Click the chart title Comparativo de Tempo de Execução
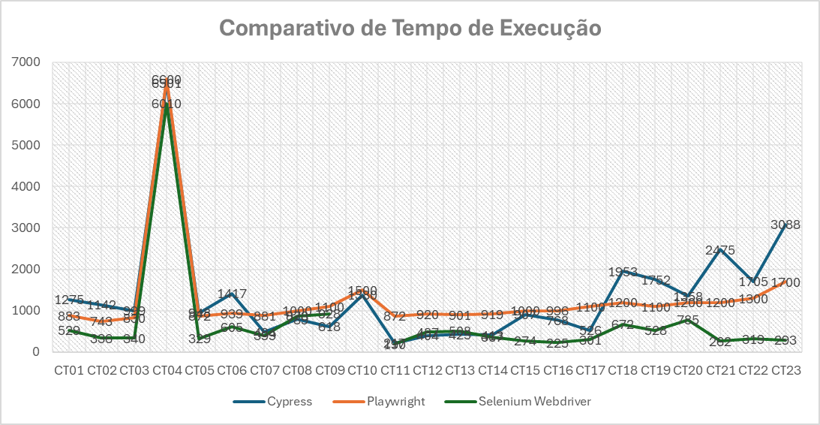click(x=410, y=28)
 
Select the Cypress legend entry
click(x=287, y=402)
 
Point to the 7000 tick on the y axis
click(x=31, y=62)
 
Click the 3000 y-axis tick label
click(x=31, y=228)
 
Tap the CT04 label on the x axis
click(x=167, y=370)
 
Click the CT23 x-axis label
click(x=786, y=370)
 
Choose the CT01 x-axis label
click(x=70, y=370)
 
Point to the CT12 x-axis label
click(x=428, y=370)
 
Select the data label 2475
click(x=720, y=250)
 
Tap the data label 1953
click(x=623, y=272)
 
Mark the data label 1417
click(x=232, y=294)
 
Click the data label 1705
click(x=753, y=282)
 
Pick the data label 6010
click(x=167, y=104)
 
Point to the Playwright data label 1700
click(x=785, y=282)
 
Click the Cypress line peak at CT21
click(x=720, y=249)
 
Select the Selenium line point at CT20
click(x=688, y=320)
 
